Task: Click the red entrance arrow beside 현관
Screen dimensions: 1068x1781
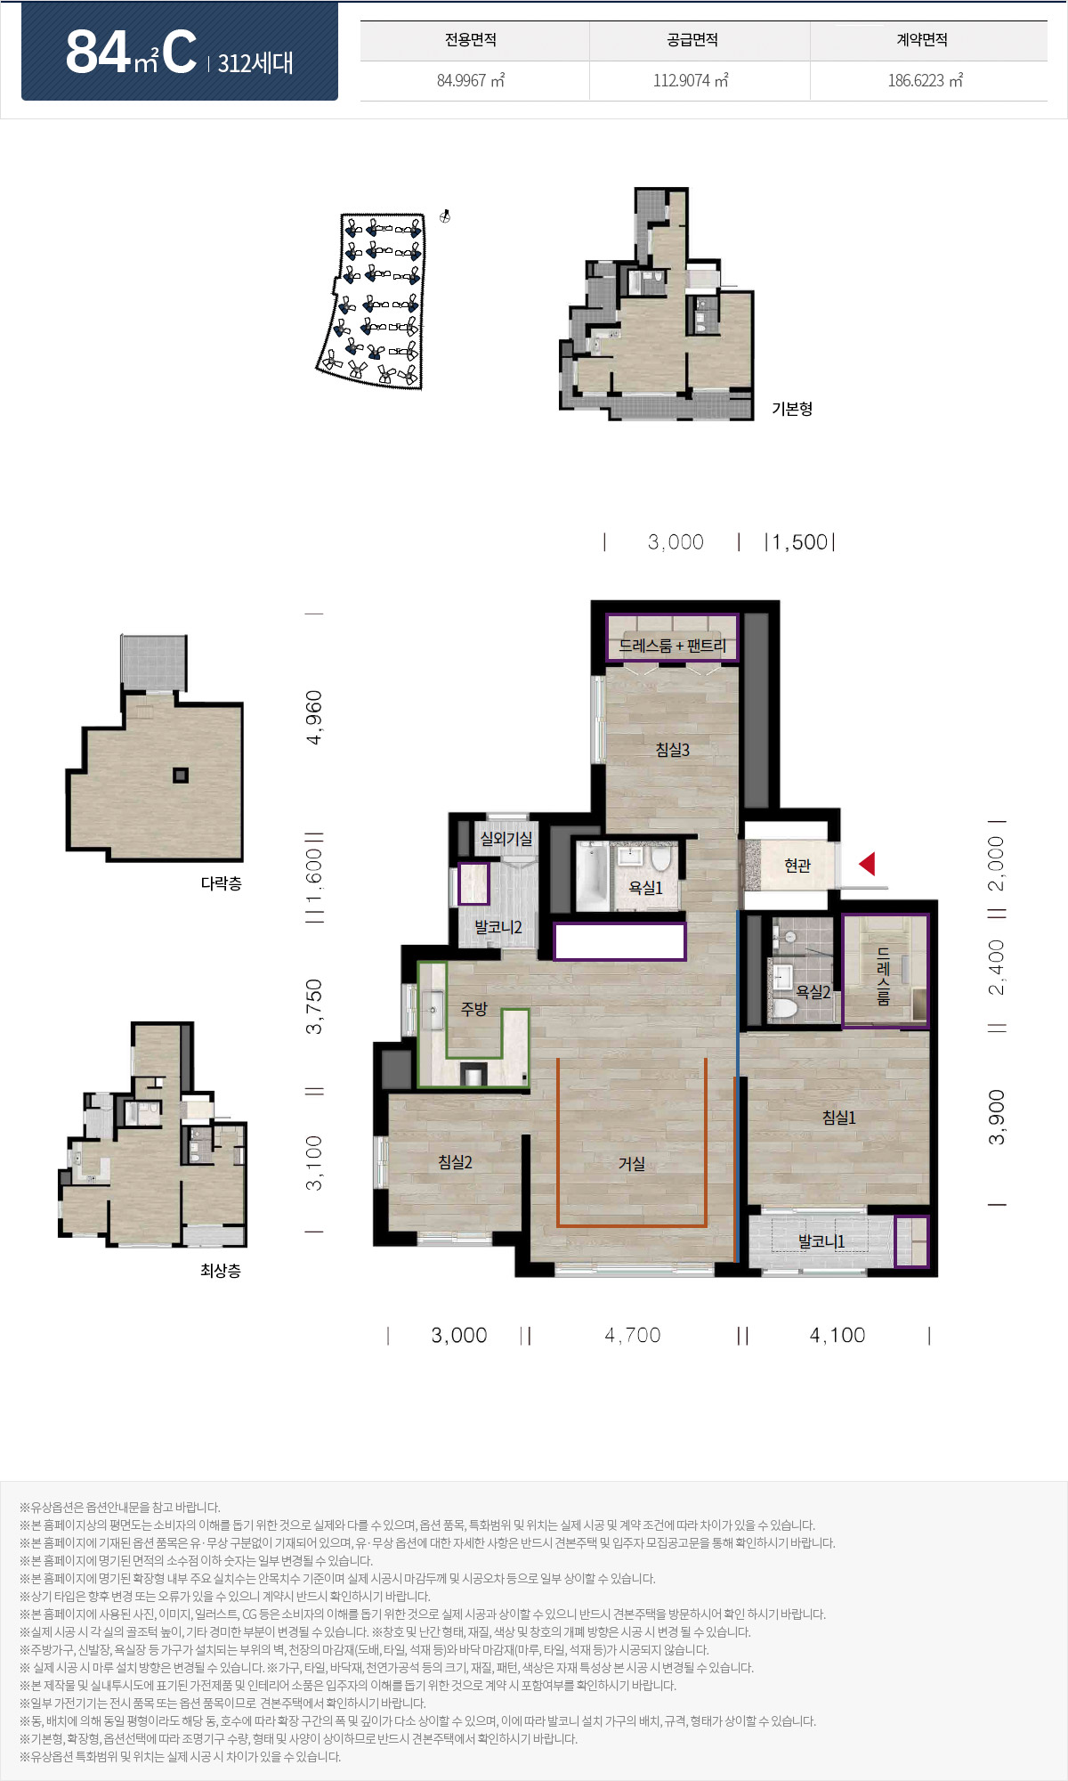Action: tap(867, 864)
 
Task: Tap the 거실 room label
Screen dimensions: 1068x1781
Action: tap(632, 1163)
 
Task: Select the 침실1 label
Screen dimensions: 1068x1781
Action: tap(838, 1117)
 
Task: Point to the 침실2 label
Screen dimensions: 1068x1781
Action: tap(455, 1162)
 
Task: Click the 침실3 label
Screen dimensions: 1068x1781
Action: tap(673, 750)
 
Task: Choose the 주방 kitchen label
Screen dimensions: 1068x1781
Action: tap(474, 1008)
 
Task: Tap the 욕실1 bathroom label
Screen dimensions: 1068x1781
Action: tap(645, 888)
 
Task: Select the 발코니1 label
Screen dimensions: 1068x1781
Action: tap(821, 1241)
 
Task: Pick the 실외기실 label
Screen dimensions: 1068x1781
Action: tap(506, 839)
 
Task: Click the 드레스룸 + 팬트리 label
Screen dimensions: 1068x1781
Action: tap(673, 646)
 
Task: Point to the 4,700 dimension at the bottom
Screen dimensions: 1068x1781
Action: tap(633, 1335)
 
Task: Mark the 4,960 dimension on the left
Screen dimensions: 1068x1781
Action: tap(313, 717)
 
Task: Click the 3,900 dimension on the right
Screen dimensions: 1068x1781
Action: tap(997, 1117)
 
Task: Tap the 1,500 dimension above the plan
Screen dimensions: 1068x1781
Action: tap(799, 542)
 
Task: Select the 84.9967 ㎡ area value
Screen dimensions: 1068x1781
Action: tap(471, 80)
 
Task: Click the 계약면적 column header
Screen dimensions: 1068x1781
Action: tap(922, 40)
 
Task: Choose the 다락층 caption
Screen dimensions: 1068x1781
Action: tap(221, 883)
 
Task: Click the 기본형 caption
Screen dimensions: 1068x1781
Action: tap(792, 409)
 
